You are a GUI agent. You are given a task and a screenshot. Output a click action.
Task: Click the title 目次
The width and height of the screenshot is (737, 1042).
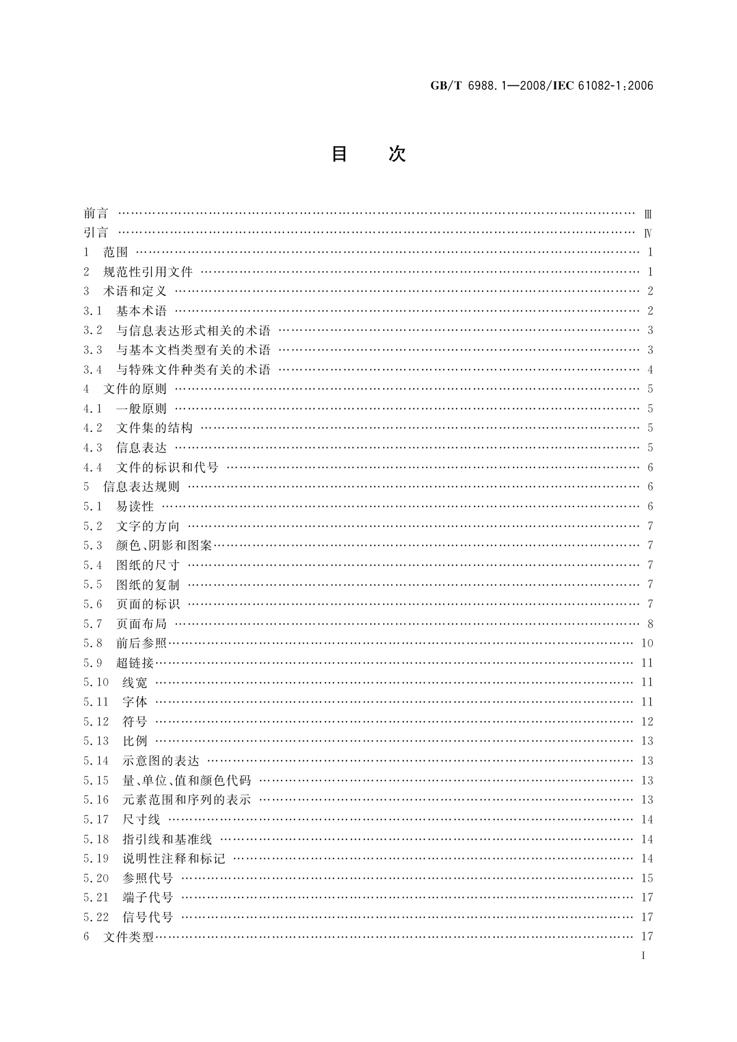pyautogui.click(x=368, y=154)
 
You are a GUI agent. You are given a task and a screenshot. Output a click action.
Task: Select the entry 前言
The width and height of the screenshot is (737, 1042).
pyautogui.click(x=96, y=213)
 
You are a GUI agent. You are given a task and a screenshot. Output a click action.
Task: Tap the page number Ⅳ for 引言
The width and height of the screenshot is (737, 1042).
pyautogui.click(x=648, y=233)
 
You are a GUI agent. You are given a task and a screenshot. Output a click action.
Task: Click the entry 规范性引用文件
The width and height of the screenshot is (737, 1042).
pyautogui.click(x=148, y=272)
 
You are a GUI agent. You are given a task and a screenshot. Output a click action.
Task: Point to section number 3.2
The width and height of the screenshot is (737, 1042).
pyautogui.click(x=93, y=330)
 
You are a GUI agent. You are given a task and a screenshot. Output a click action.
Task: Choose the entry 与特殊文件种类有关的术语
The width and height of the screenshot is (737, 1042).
pyautogui.click(x=193, y=370)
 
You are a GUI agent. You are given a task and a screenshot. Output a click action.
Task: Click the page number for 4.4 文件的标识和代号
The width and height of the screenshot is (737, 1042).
pyautogui.click(x=650, y=468)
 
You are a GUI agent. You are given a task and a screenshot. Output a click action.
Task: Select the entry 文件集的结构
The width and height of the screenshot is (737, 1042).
pyautogui.click(x=154, y=428)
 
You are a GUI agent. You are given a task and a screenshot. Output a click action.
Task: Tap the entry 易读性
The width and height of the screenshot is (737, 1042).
pyautogui.click(x=135, y=507)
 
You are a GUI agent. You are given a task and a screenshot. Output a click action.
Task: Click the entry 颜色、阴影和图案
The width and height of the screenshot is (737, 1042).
pyautogui.click(x=164, y=546)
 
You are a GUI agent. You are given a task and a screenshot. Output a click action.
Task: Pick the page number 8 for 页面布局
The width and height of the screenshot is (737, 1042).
pyautogui.click(x=650, y=624)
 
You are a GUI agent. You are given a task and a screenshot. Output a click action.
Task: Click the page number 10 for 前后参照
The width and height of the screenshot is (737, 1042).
pyautogui.click(x=647, y=644)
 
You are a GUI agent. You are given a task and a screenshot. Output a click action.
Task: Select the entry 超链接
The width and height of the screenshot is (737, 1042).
pyautogui.click(x=135, y=663)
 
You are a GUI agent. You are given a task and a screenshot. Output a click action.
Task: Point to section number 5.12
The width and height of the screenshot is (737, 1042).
pyautogui.click(x=96, y=722)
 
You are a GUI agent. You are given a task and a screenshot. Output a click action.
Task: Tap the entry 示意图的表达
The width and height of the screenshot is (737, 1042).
pyautogui.click(x=161, y=761)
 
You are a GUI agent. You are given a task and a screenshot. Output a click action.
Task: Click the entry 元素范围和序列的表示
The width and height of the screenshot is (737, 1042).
pyautogui.click(x=186, y=800)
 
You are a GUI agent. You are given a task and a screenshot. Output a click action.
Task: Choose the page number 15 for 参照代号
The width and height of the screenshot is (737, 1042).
pyautogui.click(x=647, y=879)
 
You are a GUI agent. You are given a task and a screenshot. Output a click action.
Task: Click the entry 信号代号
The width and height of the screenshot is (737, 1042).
pyautogui.click(x=148, y=918)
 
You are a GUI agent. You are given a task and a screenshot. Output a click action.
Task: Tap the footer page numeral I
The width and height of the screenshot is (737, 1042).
pyautogui.click(x=644, y=956)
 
